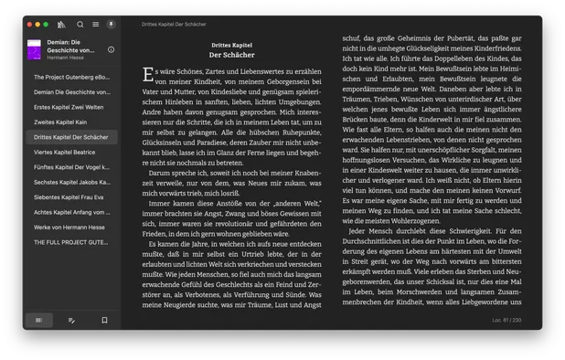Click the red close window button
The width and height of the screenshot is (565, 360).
coord(30,25)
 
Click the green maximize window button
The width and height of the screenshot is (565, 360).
coord(46,25)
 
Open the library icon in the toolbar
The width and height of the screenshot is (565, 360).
coord(62,25)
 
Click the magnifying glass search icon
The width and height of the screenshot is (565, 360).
coord(80,25)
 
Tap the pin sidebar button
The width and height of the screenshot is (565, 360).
coord(111,25)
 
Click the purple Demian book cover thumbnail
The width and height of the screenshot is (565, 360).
coord(35,49)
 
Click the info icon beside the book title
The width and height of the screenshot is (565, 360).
coord(111,49)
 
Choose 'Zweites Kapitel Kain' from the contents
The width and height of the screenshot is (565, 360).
coord(60,122)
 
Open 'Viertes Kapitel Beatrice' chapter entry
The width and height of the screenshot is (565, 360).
coord(64,152)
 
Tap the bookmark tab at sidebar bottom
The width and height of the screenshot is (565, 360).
coord(104,321)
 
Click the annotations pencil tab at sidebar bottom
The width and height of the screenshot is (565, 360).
coord(71,321)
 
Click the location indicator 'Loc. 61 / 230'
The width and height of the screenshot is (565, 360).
coord(506,321)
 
